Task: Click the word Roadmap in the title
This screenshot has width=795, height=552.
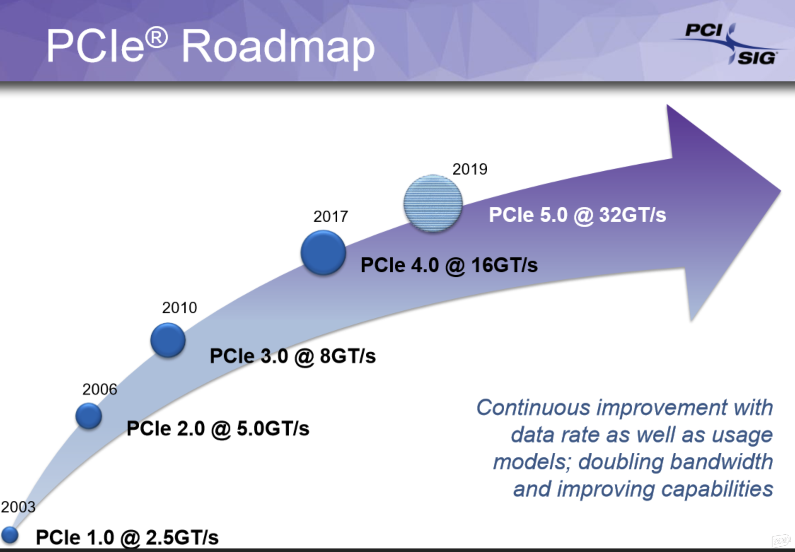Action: tap(278, 48)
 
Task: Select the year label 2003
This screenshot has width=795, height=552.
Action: tap(18, 507)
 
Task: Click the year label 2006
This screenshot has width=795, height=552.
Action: tap(100, 389)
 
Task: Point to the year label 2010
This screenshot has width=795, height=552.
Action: tap(180, 307)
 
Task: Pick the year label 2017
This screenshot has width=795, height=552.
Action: tap(331, 216)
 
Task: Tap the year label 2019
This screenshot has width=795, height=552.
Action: tap(470, 169)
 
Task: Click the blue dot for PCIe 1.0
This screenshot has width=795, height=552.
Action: tap(10, 535)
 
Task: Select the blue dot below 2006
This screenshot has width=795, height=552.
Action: tap(89, 416)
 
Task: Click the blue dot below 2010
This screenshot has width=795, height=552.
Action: tap(168, 340)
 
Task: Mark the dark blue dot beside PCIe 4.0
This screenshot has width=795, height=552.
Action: tap(323, 253)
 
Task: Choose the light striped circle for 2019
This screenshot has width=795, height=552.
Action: tap(433, 204)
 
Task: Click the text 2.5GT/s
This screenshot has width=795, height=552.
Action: tap(182, 538)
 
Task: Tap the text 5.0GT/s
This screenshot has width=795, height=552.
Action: tap(273, 428)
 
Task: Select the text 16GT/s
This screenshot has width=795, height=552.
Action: tap(504, 265)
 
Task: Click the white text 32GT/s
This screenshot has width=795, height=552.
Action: tap(632, 215)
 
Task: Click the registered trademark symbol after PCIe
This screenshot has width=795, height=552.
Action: tap(157, 37)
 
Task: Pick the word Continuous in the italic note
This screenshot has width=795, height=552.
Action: tap(533, 407)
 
